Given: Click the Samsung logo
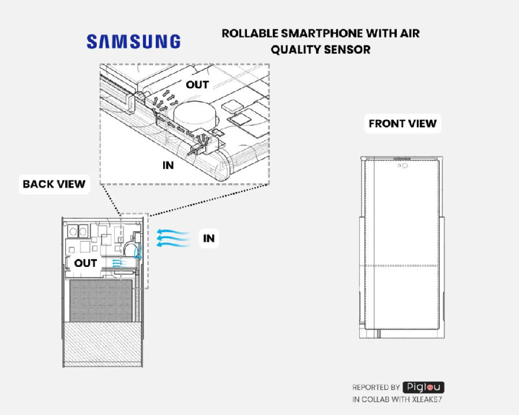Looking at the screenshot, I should coord(133,41).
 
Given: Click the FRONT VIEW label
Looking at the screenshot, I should coord(403,123).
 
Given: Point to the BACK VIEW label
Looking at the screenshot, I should coord(54,184).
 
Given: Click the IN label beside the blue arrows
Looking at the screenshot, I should coord(209,238).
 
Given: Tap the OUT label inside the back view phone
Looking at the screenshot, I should coord(86,263).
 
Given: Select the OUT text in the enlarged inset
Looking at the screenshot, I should coord(197,85).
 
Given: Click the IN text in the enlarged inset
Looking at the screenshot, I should coord(168,165).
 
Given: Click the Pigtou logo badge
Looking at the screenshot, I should coord(423,387).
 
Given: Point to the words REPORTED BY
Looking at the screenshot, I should coord(375,387).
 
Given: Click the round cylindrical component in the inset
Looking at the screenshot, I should coord(194,115).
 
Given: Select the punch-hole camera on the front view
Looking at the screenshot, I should coord(404,165).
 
